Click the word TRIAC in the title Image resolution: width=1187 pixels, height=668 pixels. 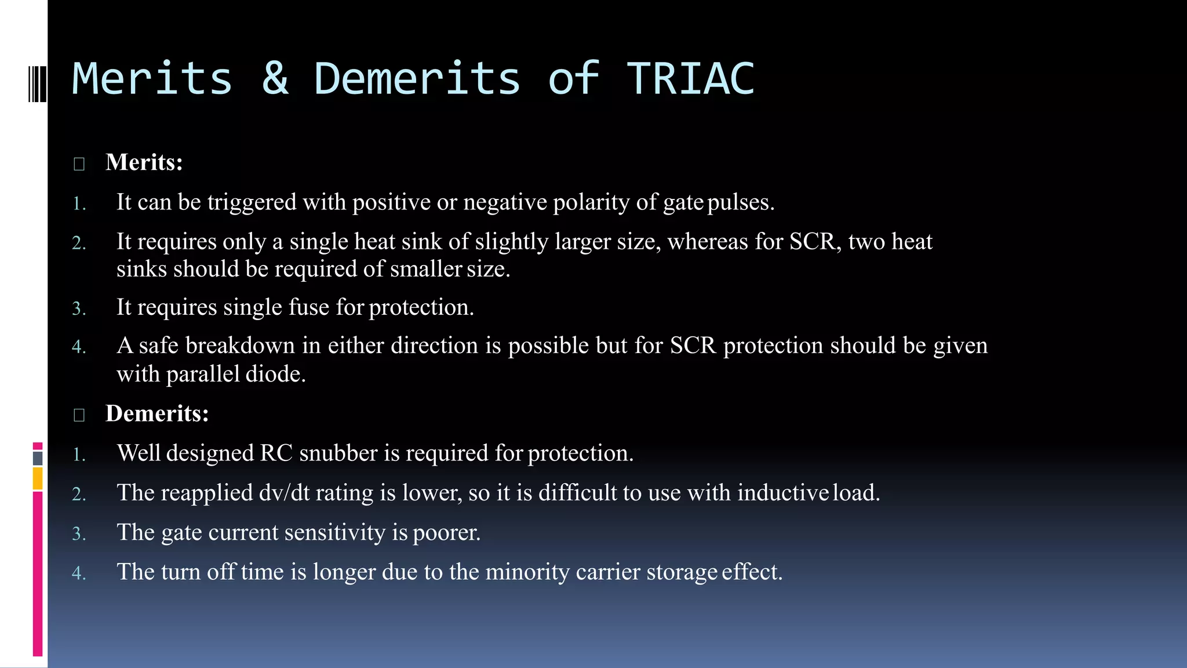[x=690, y=79]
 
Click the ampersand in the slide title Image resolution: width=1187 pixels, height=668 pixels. [x=275, y=79]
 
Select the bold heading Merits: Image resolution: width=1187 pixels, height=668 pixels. [x=144, y=162]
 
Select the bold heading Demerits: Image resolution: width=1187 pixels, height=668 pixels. [x=156, y=413]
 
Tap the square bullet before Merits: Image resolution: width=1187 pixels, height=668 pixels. [x=79, y=164]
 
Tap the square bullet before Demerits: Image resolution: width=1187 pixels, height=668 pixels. [x=79, y=415]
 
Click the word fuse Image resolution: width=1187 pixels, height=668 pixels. [x=309, y=307]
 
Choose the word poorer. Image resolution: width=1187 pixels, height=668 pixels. [x=446, y=532]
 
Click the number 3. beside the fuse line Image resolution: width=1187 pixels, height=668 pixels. [x=79, y=308]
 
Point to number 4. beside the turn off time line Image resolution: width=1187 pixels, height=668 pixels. [x=79, y=573]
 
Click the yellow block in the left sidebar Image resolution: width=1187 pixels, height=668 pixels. [x=38, y=479]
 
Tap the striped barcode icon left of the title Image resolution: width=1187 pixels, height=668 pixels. [x=37, y=84]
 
